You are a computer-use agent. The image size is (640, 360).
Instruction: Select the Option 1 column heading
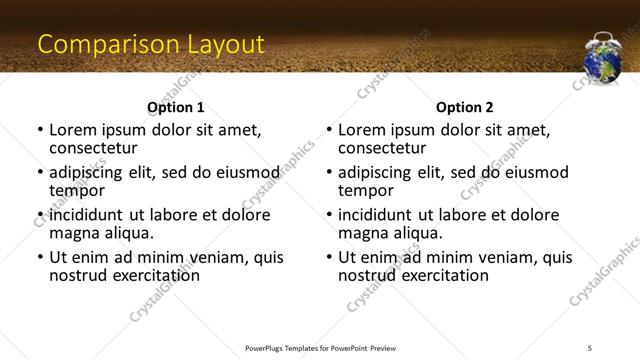175,107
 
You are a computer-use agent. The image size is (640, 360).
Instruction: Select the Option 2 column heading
465,107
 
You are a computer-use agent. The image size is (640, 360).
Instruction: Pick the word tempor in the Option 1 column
77,190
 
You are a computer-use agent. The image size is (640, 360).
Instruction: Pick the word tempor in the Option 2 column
366,190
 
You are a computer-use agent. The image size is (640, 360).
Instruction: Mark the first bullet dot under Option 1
40,131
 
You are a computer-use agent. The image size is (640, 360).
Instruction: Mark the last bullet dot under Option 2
330,257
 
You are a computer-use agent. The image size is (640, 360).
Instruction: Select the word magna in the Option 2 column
363,233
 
